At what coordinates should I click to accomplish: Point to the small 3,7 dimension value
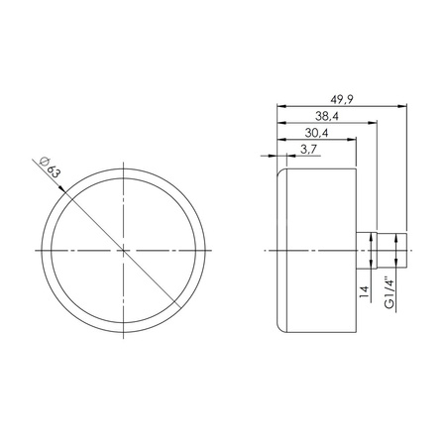coord(307,150)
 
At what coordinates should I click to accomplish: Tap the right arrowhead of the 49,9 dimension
coord(404,105)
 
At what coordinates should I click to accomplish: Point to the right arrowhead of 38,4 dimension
coord(376,123)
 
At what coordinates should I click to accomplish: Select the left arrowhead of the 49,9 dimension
coord(280,105)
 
